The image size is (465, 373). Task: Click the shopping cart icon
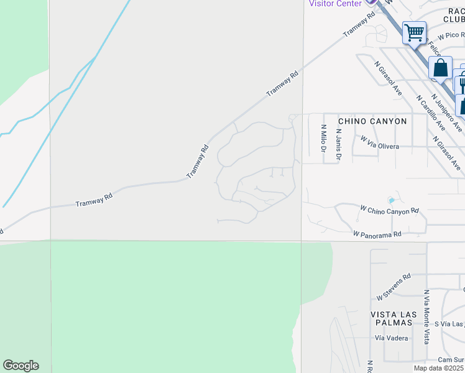point(414,32)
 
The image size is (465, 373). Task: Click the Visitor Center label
point(335,4)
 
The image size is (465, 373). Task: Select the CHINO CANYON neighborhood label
point(372,121)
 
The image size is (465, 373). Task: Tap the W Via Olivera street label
point(379,144)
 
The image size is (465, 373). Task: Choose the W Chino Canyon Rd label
point(390,210)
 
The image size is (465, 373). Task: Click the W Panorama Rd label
point(377,234)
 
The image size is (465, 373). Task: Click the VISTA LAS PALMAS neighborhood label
point(392,318)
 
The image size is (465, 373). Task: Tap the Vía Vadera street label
point(391,338)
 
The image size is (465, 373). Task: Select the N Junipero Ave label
point(444,97)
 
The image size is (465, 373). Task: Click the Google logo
point(21,366)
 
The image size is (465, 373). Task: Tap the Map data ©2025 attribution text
point(439,368)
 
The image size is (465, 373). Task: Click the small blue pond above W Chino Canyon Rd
point(390,200)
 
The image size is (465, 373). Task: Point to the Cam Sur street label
point(451,360)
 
